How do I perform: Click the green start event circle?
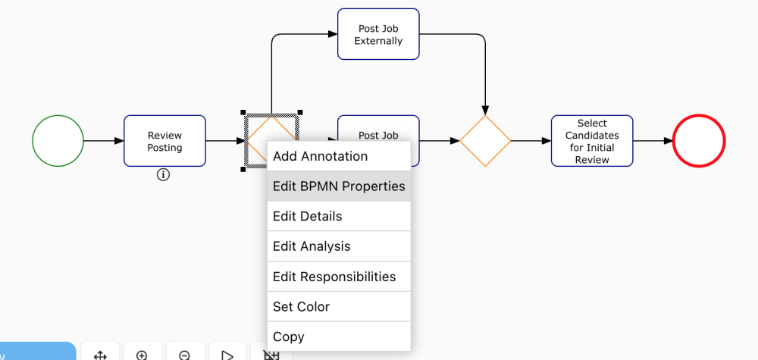pyautogui.click(x=58, y=141)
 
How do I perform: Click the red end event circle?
pyautogui.click(x=699, y=141)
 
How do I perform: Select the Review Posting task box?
pyautogui.click(x=164, y=141)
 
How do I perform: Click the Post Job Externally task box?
pyautogui.click(x=378, y=34)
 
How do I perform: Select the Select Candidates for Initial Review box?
pyautogui.click(x=592, y=141)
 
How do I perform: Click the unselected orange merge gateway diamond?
pyautogui.click(x=485, y=141)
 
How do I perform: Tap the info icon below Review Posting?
pyautogui.click(x=163, y=175)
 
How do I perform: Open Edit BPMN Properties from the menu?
pyautogui.click(x=338, y=186)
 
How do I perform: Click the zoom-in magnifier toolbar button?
pyautogui.click(x=142, y=354)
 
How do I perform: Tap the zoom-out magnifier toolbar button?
pyautogui.click(x=184, y=354)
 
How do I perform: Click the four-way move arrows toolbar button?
pyautogui.click(x=99, y=354)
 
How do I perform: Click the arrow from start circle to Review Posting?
pyautogui.click(x=103, y=141)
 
